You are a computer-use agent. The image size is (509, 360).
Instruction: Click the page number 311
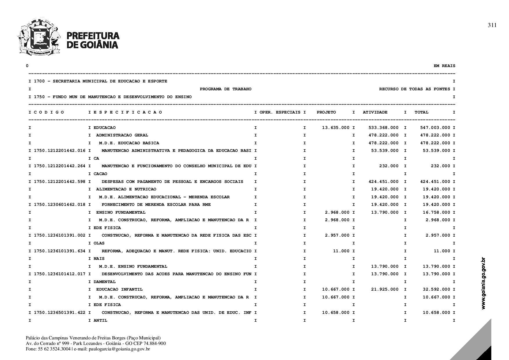click(492, 25)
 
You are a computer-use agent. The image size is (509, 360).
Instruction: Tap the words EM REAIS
click(444, 66)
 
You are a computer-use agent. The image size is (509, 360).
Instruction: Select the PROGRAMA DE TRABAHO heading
click(225, 89)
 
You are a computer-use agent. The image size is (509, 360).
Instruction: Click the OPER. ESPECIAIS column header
click(280, 112)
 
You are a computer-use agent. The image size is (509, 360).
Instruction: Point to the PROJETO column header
click(326, 112)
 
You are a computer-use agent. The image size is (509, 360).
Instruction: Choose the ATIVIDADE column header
click(375, 112)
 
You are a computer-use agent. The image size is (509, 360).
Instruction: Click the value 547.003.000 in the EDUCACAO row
click(435, 128)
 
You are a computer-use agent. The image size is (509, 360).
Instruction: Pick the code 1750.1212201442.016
click(60, 151)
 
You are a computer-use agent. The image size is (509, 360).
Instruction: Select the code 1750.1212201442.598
click(60, 182)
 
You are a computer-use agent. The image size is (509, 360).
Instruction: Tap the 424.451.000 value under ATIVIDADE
click(383, 182)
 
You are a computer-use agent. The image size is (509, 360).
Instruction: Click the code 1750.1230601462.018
click(60, 205)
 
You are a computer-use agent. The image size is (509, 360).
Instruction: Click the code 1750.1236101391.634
click(60, 251)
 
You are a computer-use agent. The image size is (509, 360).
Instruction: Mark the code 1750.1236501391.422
click(60, 313)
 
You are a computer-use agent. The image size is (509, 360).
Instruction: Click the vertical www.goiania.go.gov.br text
click(483, 283)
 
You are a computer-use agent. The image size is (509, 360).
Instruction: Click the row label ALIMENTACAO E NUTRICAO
click(126, 189)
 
